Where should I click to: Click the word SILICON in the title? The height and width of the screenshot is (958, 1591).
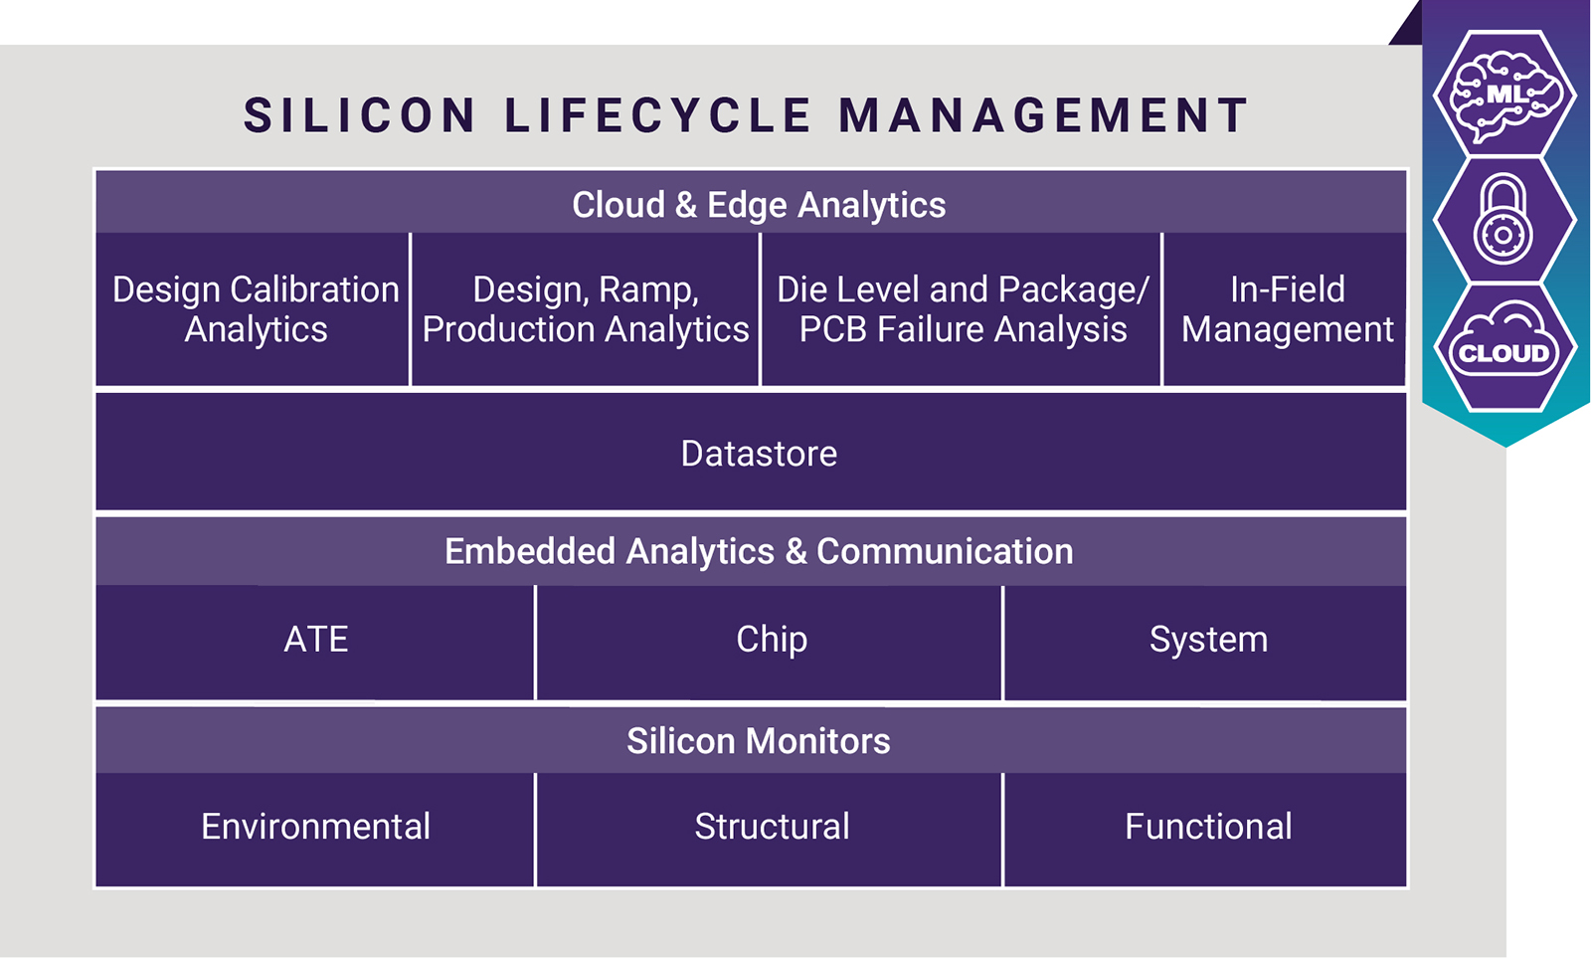[x=359, y=115]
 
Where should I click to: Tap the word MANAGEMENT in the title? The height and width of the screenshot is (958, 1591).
[x=1043, y=115]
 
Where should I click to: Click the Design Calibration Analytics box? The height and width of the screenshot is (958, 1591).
[x=253, y=309]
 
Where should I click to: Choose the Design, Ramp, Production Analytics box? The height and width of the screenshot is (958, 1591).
[x=586, y=309]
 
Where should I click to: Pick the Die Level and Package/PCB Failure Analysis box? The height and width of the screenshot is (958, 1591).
[x=961, y=309]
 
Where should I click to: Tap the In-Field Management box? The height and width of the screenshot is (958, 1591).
[x=1285, y=309]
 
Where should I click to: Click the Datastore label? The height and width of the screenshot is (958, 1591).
[x=759, y=454]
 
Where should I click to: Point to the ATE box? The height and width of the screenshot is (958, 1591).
[x=314, y=643]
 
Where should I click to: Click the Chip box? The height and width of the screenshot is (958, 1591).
[x=769, y=643]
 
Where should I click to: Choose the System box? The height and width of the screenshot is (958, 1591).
[x=1205, y=643]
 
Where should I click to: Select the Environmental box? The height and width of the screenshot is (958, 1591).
[x=314, y=830]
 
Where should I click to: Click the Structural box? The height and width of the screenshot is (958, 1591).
[x=769, y=830]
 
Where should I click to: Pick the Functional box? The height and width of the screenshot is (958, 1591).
[x=1205, y=830]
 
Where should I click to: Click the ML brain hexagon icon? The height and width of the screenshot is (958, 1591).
[x=1504, y=94]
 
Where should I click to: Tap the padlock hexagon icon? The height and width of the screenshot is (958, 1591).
[x=1504, y=220]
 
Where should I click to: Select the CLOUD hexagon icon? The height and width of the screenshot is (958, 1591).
[x=1504, y=347]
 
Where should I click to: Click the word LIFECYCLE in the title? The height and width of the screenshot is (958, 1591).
[x=657, y=115]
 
